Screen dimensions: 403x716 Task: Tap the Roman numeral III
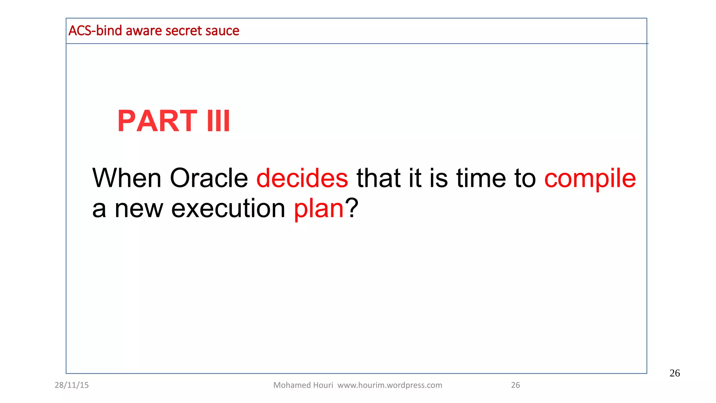(x=219, y=121)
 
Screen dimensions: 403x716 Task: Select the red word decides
(x=302, y=178)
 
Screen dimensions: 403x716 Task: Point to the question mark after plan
(x=352, y=208)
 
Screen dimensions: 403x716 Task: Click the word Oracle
(x=209, y=178)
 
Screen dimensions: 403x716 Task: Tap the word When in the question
(x=127, y=178)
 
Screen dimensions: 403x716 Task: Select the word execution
(x=228, y=208)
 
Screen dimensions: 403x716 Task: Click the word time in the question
(x=481, y=178)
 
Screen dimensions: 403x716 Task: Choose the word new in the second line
(x=139, y=209)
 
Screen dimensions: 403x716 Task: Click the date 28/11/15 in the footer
(x=72, y=385)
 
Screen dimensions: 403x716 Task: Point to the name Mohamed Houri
(x=303, y=385)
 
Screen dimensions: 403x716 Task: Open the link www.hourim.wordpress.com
(x=390, y=385)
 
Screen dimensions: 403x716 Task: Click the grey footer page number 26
(x=515, y=385)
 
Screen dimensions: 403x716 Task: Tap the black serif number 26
(x=674, y=373)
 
